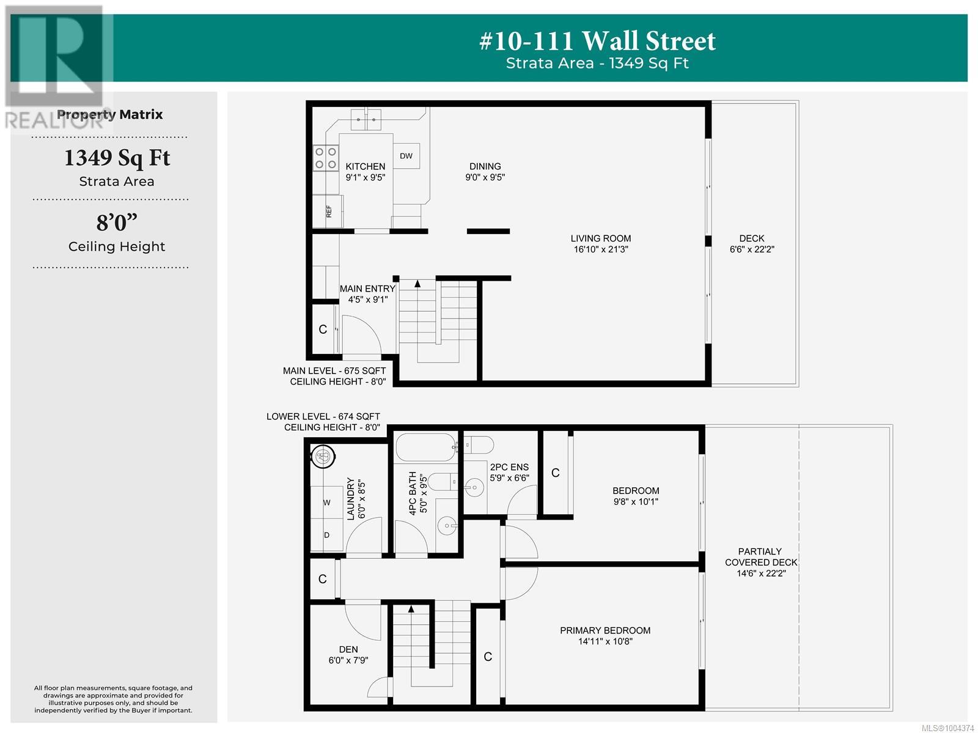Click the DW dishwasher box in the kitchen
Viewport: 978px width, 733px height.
pos(406,156)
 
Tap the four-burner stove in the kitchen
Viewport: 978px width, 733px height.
pos(325,158)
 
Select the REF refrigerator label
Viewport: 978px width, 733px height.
pos(329,211)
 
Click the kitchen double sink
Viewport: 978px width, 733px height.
pos(366,119)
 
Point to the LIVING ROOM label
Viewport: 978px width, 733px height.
pos(601,239)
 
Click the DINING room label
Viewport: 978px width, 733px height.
pos(485,167)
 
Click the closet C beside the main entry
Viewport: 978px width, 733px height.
pos(323,330)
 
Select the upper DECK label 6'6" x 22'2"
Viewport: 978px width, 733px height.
pos(752,244)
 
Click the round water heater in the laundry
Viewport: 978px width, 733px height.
pos(323,457)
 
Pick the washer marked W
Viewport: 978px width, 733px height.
pos(326,503)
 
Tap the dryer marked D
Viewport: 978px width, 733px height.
pos(326,535)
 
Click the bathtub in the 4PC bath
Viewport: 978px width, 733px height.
pos(426,448)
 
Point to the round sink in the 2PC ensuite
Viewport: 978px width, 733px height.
pos(474,487)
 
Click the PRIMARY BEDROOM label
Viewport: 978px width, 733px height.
pos(605,630)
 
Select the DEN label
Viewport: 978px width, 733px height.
pos(348,650)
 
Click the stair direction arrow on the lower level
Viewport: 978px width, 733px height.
pos(411,609)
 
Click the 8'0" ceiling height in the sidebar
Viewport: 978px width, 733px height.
pos(117,223)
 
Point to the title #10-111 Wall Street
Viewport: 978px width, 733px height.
pos(597,41)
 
